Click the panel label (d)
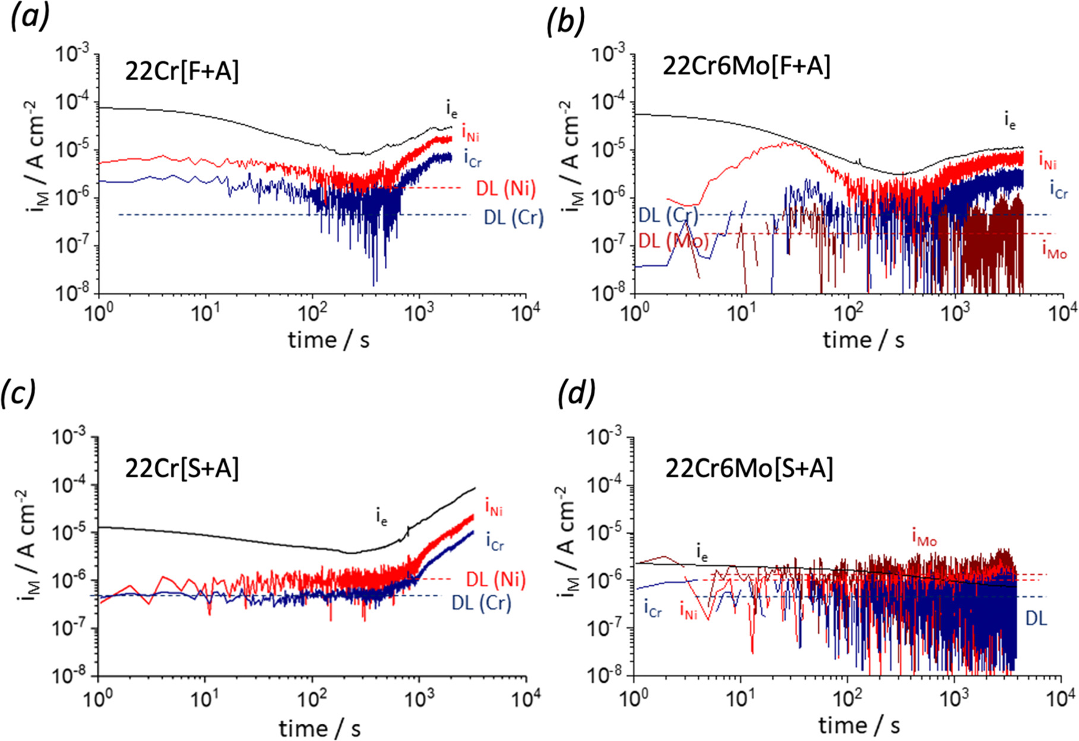pyautogui.click(x=577, y=393)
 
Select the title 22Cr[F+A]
pyautogui.click(x=182, y=72)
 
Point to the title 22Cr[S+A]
pyautogui.click(x=182, y=469)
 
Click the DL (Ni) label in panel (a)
pyautogui.click(x=505, y=189)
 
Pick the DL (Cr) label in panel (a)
pyautogui.click(x=514, y=217)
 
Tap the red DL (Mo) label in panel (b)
pyautogui.click(x=673, y=241)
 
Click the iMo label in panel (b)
pyautogui.click(x=1055, y=251)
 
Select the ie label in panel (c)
pyautogui.click(x=381, y=517)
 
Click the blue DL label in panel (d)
pyautogui.click(x=1036, y=619)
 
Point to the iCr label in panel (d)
pyautogui.click(x=652, y=608)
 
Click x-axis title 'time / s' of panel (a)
pyautogui.click(x=328, y=340)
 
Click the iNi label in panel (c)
pyautogui.click(x=494, y=507)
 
